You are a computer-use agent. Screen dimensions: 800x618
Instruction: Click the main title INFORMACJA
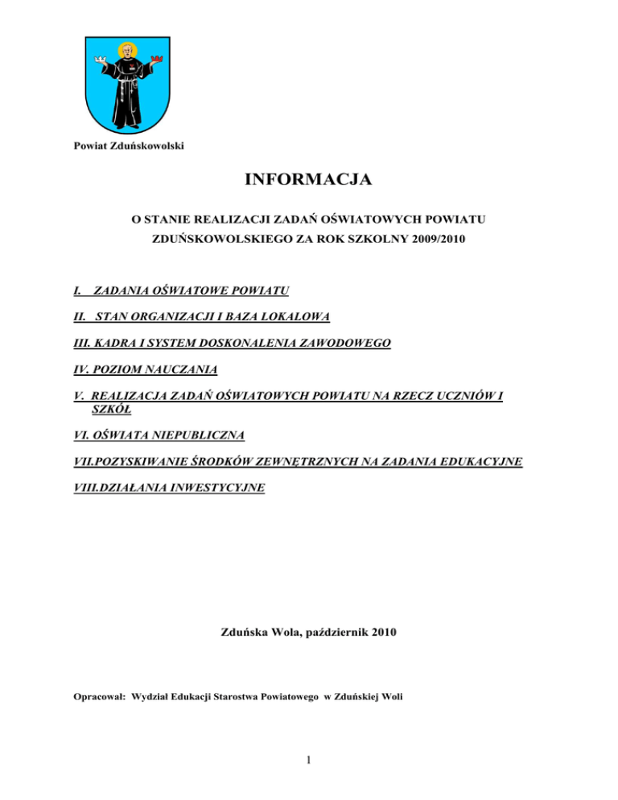pos(308,179)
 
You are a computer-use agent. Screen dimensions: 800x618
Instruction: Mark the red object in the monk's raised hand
pos(159,59)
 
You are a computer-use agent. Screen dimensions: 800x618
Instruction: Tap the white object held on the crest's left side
pos(99,59)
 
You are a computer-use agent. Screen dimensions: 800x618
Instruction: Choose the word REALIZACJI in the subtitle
pos(233,219)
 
